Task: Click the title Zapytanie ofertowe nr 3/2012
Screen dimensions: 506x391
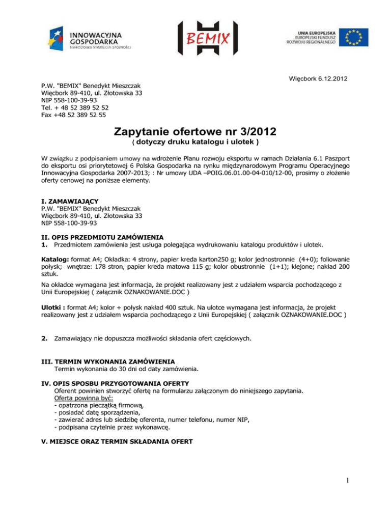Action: (x=195, y=131)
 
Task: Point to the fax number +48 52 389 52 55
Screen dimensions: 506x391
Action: (x=74, y=115)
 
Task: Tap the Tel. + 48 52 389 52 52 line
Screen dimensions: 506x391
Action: (x=74, y=108)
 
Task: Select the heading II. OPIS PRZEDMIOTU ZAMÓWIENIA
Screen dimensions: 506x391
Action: (x=102, y=237)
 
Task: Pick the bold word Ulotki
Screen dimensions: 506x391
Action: (x=54, y=307)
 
